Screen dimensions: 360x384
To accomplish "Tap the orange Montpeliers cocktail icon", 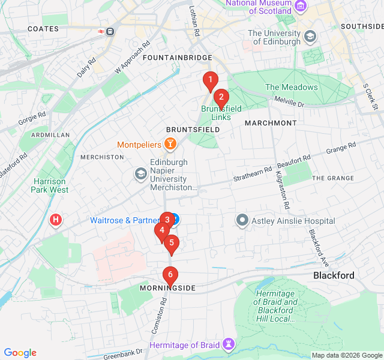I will click(170, 144).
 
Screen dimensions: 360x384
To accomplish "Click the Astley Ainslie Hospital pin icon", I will click(242, 220).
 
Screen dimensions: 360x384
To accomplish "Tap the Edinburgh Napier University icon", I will click(140, 174).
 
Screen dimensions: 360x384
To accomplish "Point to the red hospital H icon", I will click(56, 220).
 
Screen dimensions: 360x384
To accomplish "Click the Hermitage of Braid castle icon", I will click(228, 344).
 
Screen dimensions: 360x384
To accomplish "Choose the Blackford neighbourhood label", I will click(334, 275).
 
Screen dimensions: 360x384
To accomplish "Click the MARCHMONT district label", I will click(271, 123).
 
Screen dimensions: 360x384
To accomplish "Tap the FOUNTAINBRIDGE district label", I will click(178, 58).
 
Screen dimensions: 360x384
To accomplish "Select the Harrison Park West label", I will click(50, 185).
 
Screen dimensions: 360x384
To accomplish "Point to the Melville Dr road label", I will click(289, 101).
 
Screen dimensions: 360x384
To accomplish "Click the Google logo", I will click(20, 353).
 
